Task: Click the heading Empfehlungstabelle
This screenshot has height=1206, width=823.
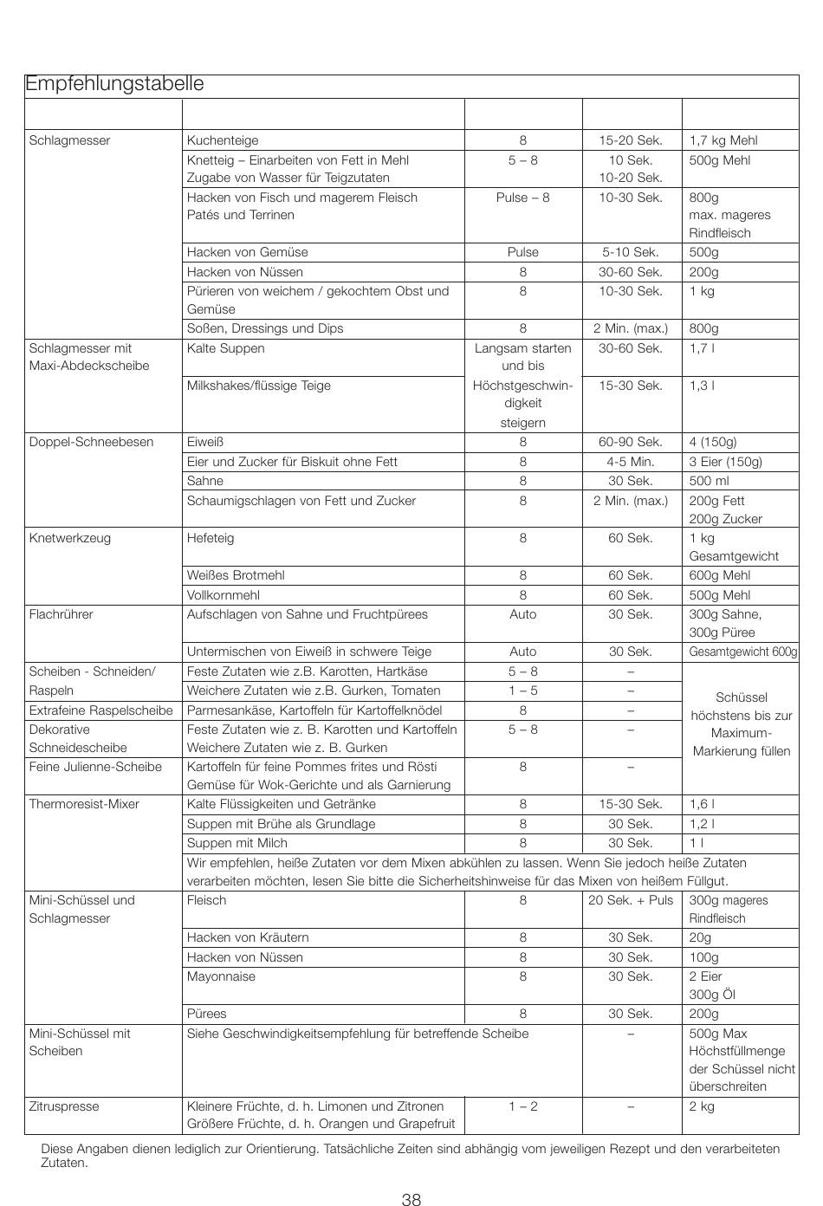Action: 114,84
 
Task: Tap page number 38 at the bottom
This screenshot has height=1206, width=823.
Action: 411,1176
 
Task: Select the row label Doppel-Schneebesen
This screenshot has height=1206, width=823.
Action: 91,442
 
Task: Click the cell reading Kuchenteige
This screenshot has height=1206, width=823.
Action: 223,140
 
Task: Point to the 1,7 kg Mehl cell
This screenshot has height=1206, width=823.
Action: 723,140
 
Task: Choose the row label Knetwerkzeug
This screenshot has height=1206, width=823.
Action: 70,538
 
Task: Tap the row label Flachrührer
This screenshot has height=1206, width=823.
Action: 61,614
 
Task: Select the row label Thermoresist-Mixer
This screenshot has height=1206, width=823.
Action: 84,804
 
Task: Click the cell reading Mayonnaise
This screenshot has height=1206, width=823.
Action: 221,976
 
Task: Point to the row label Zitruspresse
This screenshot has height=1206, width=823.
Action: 64,1106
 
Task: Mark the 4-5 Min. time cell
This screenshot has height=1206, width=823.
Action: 631,462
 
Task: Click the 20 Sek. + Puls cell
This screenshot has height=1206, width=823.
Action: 631,900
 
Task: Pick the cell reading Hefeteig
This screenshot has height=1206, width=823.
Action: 211,538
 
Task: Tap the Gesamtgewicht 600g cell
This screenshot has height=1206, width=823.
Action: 742,652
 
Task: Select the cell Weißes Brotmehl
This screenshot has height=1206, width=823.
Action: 236,575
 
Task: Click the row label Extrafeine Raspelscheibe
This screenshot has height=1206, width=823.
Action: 100,710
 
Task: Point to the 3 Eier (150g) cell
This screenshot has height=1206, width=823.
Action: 725,462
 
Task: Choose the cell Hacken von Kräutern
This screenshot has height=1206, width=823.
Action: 248,937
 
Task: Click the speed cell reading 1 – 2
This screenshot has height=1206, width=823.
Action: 522,1106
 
